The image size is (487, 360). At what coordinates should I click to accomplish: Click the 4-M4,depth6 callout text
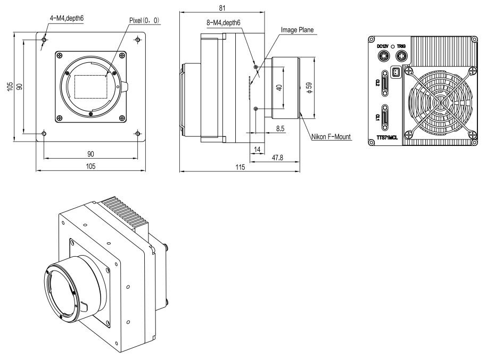(67, 18)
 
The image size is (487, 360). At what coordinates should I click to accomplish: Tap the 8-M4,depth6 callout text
(224, 23)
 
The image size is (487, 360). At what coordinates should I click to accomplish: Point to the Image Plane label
(297, 30)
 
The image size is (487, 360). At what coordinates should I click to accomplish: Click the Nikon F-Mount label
(331, 136)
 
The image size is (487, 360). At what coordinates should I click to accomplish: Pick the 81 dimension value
(222, 8)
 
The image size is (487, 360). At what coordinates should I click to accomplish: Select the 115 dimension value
(240, 167)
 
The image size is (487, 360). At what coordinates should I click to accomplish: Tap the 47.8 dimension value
(277, 158)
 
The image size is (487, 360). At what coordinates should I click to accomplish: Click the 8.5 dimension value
(280, 128)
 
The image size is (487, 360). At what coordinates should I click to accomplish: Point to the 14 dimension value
(257, 150)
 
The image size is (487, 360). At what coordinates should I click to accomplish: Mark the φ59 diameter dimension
(309, 88)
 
